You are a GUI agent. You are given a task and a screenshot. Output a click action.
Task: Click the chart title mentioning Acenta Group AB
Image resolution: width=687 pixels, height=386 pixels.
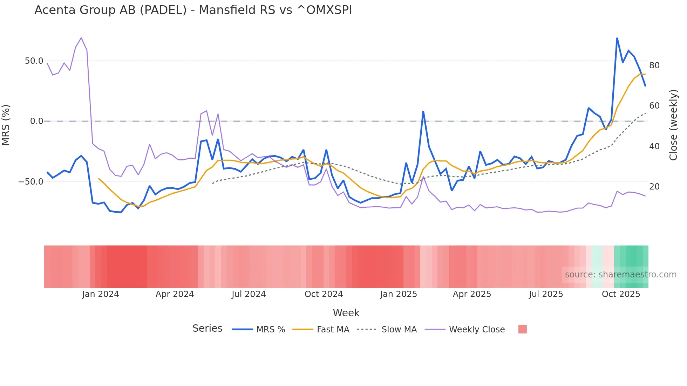193,10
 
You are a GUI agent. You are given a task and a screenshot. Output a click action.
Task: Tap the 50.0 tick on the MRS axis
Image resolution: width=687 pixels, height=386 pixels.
34,61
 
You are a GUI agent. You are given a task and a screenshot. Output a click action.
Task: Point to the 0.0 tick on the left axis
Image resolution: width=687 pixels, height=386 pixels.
36,121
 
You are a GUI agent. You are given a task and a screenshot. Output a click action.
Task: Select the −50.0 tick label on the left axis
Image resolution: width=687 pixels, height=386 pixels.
31,181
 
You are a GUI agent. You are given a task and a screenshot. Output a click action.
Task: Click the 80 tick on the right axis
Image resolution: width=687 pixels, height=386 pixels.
654,66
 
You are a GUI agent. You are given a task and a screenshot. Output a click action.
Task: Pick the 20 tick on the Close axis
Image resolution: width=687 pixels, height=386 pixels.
654,187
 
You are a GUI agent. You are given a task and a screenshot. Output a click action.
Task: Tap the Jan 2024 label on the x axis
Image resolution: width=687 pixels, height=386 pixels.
101,294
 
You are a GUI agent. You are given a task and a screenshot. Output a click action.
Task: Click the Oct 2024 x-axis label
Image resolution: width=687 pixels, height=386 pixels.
324,294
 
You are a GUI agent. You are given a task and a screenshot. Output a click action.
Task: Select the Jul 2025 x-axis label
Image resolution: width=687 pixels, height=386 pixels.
546,294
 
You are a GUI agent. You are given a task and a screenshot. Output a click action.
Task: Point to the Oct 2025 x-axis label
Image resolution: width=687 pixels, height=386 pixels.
621,294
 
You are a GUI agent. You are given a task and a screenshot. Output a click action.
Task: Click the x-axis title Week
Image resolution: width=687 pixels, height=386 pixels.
346,313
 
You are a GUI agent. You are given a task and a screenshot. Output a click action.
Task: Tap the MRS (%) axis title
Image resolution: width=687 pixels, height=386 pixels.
6,125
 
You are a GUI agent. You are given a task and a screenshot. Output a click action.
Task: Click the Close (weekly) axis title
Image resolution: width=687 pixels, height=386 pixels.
673,125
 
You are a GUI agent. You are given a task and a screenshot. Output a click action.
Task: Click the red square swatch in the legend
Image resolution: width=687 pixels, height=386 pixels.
522,329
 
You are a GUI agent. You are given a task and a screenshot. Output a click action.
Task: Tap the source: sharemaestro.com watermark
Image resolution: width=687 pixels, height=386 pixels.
620,275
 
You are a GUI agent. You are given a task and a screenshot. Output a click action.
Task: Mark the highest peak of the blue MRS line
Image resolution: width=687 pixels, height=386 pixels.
617,38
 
